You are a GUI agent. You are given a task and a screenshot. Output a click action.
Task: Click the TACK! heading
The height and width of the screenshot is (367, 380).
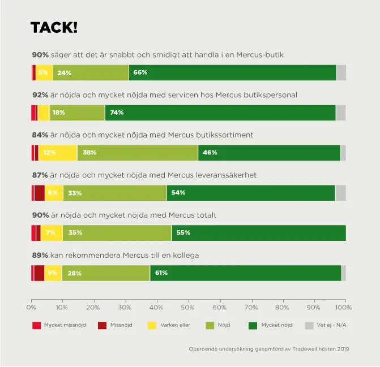click(x=54, y=27)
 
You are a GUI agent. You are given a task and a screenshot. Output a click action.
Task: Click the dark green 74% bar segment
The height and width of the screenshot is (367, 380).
click(x=220, y=113)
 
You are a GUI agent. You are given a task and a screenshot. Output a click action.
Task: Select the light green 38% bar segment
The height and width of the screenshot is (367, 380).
click(x=137, y=153)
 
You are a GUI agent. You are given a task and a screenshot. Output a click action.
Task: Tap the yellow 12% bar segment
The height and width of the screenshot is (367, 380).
click(x=57, y=153)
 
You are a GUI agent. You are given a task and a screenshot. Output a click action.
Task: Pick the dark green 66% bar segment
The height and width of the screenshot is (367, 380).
click(x=232, y=72)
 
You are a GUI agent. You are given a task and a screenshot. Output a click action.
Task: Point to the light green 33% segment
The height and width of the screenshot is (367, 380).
click(x=114, y=193)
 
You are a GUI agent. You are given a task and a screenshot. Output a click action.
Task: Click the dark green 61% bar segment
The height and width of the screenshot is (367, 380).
click(x=245, y=273)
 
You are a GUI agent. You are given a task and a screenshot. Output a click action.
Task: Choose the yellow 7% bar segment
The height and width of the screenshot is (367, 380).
click(x=52, y=233)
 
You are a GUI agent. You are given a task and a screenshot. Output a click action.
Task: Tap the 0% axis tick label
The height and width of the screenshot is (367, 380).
click(x=31, y=307)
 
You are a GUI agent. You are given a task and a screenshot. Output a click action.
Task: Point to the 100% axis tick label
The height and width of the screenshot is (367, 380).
click(x=343, y=307)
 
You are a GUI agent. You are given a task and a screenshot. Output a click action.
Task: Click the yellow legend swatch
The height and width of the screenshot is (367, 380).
click(x=151, y=325)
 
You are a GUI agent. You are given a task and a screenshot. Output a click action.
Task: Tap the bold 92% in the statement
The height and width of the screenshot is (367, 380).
click(x=40, y=94)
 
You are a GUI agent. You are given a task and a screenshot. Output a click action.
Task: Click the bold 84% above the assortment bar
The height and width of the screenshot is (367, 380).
click(x=40, y=135)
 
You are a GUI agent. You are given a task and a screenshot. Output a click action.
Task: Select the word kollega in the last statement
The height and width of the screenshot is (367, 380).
click(x=184, y=256)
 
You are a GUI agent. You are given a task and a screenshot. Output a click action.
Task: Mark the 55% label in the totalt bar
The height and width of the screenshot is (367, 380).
click(x=183, y=233)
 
